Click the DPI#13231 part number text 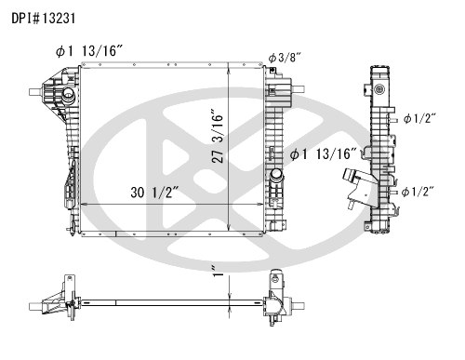[x=44, y=19]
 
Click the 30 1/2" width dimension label [x=154, y=193]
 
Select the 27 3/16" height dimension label [x=218, y=136]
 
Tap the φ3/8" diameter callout [x=285, y=58]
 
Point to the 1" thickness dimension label [x=219, y=272]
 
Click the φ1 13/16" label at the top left [x=89, y=51]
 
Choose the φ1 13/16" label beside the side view [x=324, y=153]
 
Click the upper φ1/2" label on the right [x=419, y=118]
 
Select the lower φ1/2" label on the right [x=418, y=192]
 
